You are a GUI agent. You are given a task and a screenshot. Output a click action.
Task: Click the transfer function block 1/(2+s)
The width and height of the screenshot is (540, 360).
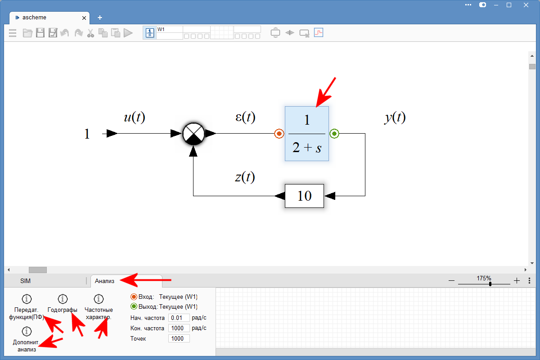coord(307,134)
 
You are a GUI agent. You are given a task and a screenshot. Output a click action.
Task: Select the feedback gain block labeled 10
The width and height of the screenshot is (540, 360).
coord(305,196)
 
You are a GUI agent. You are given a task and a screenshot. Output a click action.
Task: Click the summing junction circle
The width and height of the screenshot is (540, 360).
coord(193,134)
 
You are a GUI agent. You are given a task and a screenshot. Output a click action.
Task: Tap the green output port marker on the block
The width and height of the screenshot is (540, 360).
coord(334,134)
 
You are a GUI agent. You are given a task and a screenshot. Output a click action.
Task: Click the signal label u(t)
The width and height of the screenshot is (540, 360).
coord(134,117)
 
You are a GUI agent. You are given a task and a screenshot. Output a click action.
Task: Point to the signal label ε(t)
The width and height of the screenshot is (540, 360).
coord(245,117)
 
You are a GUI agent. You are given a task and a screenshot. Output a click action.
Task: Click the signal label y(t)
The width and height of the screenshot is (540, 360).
coord(395,117)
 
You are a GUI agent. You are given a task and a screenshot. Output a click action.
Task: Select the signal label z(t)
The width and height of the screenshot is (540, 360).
coord(245,177)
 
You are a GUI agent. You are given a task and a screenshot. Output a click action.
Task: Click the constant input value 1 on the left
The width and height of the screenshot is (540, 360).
coord(87,134)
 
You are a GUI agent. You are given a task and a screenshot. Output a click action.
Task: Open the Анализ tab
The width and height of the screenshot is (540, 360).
coord(104,281)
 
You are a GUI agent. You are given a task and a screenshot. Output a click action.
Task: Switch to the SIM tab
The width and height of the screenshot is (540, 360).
coord(26,281)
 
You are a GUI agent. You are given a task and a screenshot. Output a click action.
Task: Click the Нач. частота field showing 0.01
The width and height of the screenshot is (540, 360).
coord(179,318)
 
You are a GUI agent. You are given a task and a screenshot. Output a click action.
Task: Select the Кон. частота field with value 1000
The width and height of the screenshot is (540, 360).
coord(179,328)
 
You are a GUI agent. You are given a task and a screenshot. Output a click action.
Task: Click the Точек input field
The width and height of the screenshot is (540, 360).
coord(179,338)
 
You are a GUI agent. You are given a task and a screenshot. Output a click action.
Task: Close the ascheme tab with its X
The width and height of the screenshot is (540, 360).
coord(84,18)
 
